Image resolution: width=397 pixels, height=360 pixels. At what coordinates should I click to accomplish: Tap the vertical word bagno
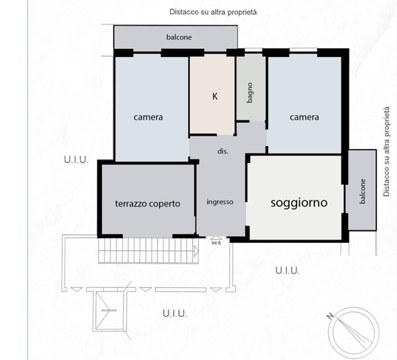[x=250, y=92]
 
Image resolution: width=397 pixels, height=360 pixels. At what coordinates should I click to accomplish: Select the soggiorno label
[x=299, y=203]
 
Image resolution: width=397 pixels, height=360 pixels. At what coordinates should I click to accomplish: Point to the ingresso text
[x=220, y=202]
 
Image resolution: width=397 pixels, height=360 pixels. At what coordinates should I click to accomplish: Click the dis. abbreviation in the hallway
[x=223, y=152]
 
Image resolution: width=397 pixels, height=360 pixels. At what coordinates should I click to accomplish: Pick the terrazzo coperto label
[x=148, y=204]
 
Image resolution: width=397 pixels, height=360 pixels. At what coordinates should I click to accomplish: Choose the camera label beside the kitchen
[x=148, y=117]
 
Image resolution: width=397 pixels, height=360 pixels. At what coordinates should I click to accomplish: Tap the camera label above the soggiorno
[x=304, y=117]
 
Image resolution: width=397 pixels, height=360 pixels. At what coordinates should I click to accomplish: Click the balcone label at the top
[x=179, y=38]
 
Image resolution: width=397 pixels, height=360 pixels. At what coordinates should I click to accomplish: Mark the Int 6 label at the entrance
[x=216, y=243]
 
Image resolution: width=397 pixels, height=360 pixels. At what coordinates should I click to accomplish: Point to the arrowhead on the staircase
[x=197, y=251]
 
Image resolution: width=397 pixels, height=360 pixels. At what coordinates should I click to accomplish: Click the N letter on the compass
[x=329, y=316]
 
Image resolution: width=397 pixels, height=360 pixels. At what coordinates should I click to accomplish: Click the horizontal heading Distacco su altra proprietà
[x=213, y=13]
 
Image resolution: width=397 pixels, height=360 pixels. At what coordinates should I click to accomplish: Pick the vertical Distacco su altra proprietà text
[x=386, y=152]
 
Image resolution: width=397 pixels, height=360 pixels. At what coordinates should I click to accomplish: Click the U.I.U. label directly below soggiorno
[x=287, y=271]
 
